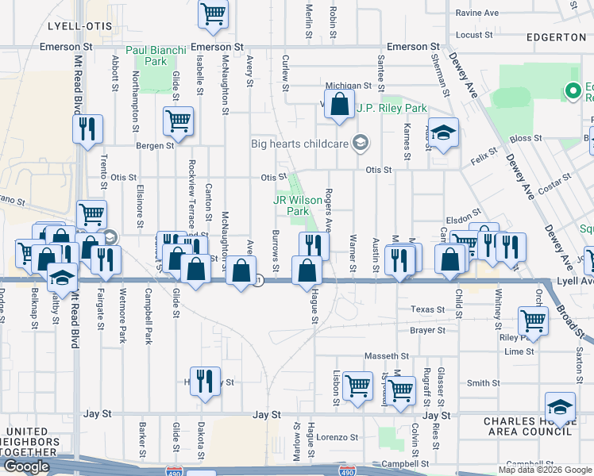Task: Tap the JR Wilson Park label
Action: [x=291, y=206]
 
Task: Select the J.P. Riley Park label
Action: [x=391, y=109]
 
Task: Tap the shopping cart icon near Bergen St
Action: [x=179, y=121]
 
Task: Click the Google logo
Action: [x=26, y=466]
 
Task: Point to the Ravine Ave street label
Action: [x=476, y=13]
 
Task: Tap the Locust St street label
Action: [x=475, y=35]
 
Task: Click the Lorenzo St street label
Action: [x=338, y=437]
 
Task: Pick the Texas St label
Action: [x=428, y=309]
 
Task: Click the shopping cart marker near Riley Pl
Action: [x=533, y=320]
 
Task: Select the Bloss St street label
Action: [x=526, y=138]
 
